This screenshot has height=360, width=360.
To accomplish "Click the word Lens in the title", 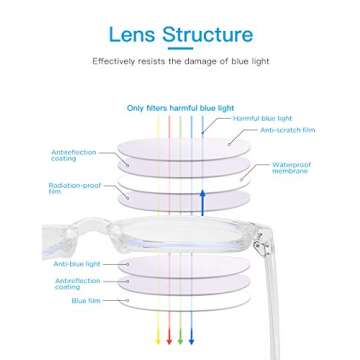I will [133, 35].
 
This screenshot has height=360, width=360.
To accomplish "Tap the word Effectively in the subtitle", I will [114, 61].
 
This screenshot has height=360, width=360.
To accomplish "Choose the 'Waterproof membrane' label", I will [290, 167].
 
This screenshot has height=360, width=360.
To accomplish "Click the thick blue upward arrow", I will [203, 199].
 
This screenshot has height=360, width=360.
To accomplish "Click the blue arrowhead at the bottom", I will [192, 341].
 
